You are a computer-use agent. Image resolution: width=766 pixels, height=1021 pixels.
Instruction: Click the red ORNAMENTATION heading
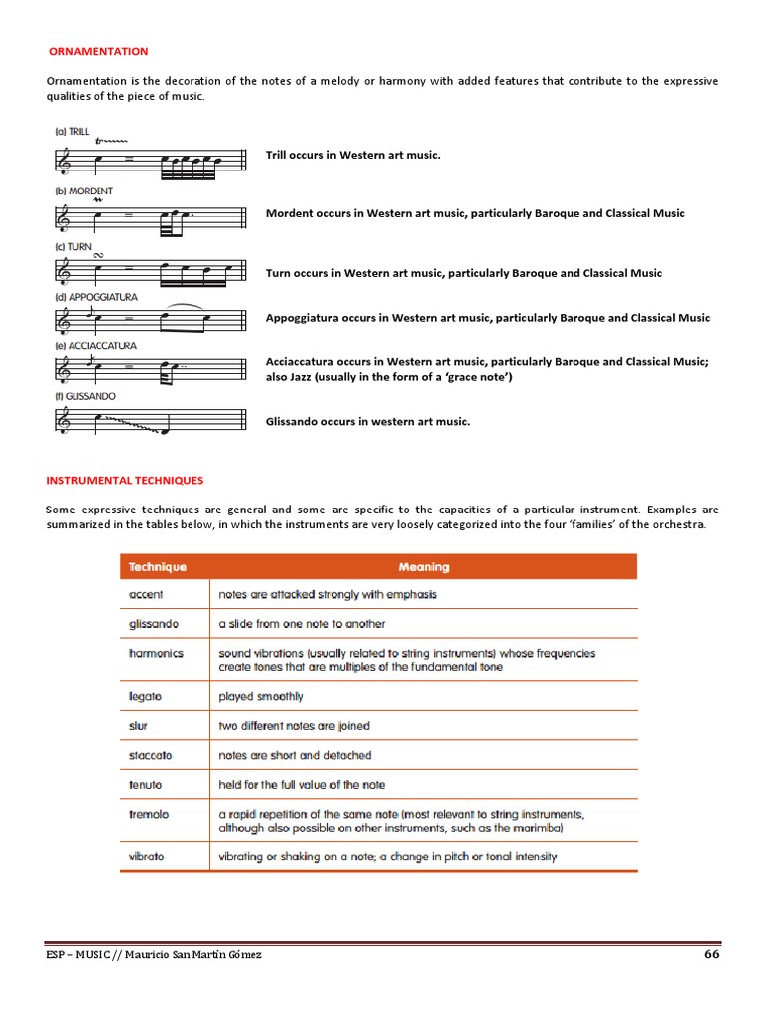pos(99,51)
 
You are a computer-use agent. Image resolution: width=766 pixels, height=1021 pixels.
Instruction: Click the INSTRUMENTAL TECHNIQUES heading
pos(125,480)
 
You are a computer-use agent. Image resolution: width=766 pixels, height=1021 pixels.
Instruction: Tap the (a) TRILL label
pos(72,131)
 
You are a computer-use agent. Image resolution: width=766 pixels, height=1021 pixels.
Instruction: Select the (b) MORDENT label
pos(84,190)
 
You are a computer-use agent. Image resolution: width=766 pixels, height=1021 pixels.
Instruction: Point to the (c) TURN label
pos(73,246)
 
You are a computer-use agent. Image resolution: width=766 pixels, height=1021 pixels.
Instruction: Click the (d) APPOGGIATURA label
pos(96,297)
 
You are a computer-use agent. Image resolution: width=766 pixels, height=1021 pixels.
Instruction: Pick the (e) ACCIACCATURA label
pos(96,345)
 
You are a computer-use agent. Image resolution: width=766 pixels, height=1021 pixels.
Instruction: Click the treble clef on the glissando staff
pos(66,423)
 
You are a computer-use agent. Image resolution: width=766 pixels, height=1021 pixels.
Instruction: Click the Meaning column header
pos(423,567)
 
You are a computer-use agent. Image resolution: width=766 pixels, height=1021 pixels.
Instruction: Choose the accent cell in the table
pos(147,594)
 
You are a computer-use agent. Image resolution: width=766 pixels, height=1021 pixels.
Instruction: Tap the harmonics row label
pos(157,653)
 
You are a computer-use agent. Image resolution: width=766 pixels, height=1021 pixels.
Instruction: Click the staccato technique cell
pos(151,755)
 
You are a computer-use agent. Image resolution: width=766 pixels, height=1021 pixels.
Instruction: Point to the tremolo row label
pos(150,814)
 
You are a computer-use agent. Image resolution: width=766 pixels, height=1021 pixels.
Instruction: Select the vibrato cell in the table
pos(147,856)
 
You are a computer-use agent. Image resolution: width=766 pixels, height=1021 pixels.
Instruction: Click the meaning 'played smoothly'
pos(261,696)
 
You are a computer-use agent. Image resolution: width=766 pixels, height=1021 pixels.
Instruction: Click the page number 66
pos(711,954)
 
